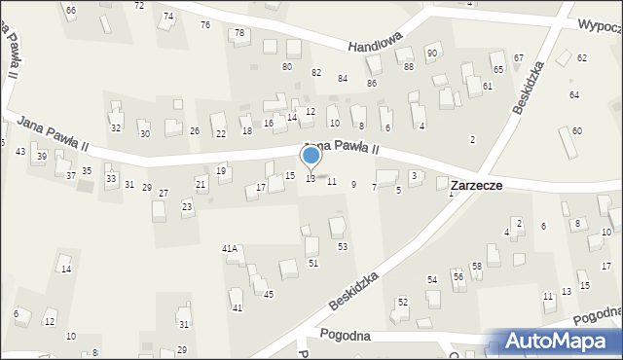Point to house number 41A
[230, 249]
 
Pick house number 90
[431, 52]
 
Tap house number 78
[239, 33]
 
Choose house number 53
[342, 246]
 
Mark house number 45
[269, 294]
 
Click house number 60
[576, 130]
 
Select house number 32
[116, 127]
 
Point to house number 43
[20, 151]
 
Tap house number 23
[186, 206]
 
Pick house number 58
[477, 266]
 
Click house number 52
[402, 302]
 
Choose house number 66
[70, 10]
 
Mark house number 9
[353, 184]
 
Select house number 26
[195, 131]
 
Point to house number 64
[574, 94]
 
